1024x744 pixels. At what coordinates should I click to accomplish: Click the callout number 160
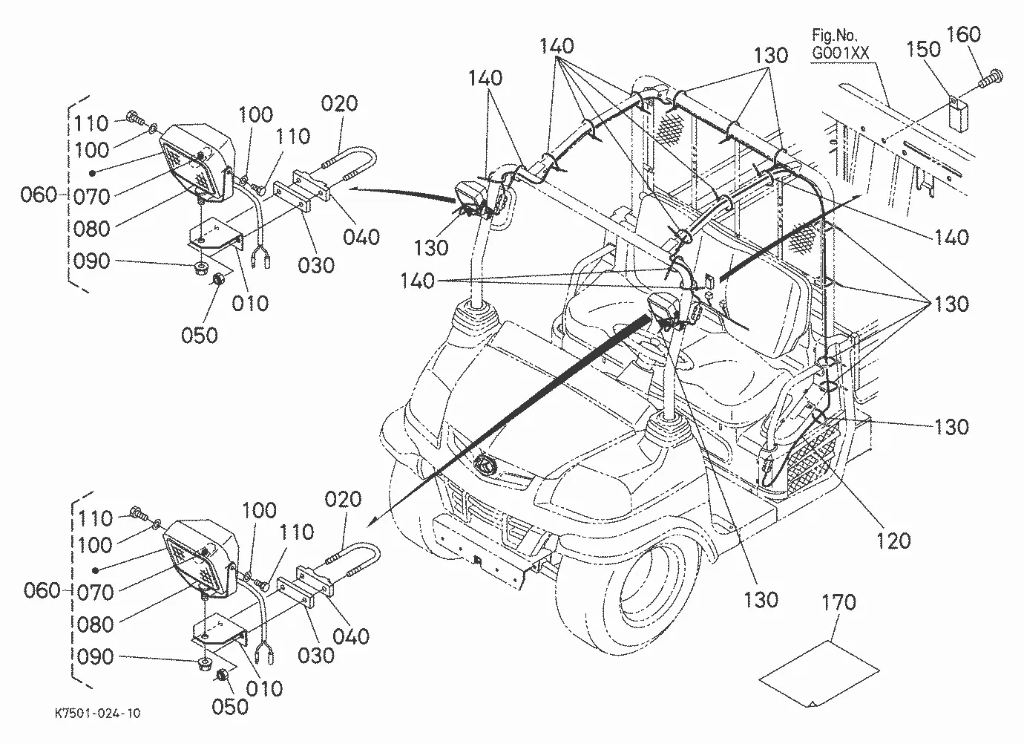pos(963,35)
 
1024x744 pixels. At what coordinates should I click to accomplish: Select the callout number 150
pos(923,50)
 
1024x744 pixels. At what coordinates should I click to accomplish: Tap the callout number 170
pos(838,603)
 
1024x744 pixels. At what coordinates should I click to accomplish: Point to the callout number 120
pos(893,541)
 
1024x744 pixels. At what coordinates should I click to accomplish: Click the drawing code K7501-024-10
pos(98,714)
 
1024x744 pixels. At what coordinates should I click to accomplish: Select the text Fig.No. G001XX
pos(839,45)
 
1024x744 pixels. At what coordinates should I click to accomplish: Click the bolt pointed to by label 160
pos(991,79)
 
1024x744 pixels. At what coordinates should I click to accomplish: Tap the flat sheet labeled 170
pos(818,673)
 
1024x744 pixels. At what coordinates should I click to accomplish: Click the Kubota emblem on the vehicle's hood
pos(485,466)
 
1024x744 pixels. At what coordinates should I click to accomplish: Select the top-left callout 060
pos(39,195)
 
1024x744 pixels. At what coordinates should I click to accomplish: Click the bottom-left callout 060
pos(42,590)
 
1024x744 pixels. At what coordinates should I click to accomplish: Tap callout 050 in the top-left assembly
pos(200,336)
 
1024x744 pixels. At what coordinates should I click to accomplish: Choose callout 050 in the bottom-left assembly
pos(230,707)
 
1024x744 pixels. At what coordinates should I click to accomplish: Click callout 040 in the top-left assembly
pos(361,237)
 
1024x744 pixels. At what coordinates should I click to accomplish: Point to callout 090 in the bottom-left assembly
pos(95,656)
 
